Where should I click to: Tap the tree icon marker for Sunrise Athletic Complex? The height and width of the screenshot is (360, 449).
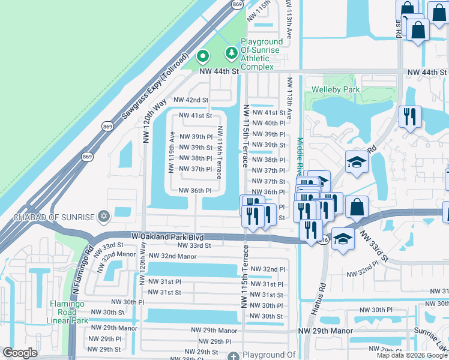pyautogui.click(x=231, y=54)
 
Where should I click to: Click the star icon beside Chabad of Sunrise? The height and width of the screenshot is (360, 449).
pyautogui.click(x=104, y=215)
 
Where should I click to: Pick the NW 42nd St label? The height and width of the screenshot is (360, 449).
pyautogui.click(x=191, y=100)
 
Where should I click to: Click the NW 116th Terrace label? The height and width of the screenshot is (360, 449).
pyautogui.click(x=220, y=152)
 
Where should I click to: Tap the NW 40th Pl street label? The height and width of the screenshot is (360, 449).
pyautogui.click(x=268, y=123)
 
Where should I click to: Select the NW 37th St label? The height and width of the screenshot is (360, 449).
pyautogui.click(x=268, y=181)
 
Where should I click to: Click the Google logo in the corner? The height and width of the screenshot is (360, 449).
pyautogui.click(x=20, y=353)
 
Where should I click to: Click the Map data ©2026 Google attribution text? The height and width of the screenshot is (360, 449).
pyautogui.click(x=412, y=355)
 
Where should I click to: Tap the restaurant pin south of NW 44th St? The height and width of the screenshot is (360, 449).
pyautogui.click(x=410, y=115)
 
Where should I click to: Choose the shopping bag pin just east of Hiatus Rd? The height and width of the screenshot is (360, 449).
pyautogui.click(x=357, y=206)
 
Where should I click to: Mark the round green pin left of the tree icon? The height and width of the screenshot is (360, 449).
pyautogui.click(x=203, y=57)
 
